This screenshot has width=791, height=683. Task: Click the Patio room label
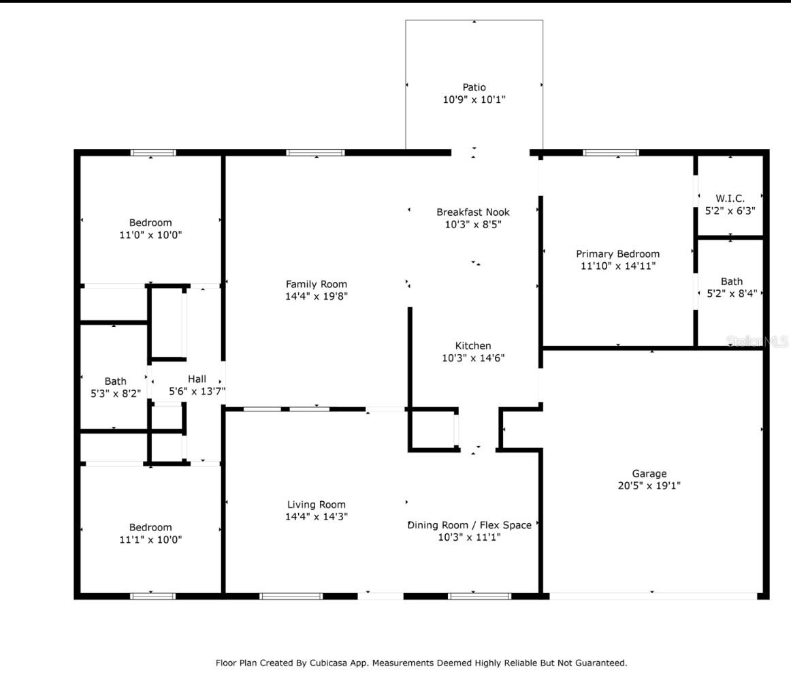474,87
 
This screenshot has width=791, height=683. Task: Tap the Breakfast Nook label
473,212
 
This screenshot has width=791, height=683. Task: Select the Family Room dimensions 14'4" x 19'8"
317,296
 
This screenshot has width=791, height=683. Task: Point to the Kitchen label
473,346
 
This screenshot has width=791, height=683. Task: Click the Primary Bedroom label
618,254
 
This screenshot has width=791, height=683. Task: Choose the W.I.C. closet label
730,198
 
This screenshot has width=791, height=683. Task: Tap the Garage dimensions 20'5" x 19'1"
649,486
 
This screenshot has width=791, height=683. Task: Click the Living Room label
317,505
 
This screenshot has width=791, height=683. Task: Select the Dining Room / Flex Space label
470,525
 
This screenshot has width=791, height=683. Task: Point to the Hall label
197,379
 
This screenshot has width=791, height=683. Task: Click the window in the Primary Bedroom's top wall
611,153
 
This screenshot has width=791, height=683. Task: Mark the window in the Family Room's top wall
315,153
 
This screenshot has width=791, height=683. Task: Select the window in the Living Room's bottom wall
291,596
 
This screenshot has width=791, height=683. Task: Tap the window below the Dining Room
479,596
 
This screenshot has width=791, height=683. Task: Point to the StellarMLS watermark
757,342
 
